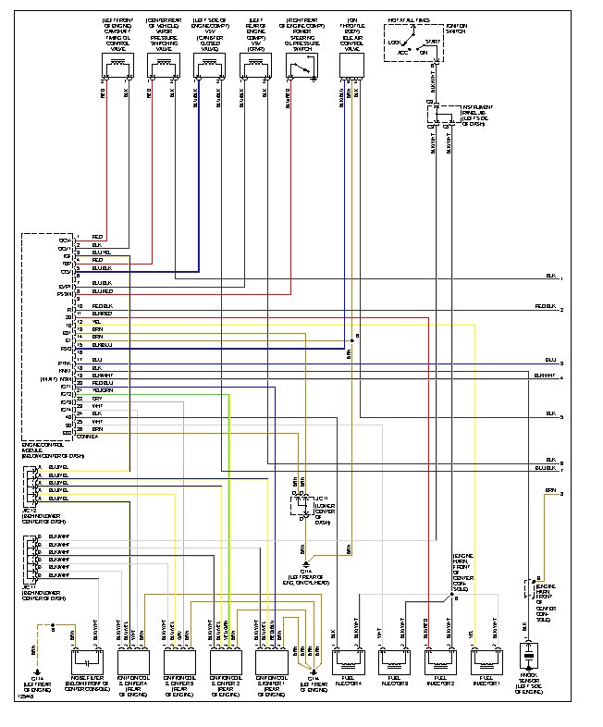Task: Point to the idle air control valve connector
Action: (x=351, y=66)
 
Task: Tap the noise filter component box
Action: (x=89, y=661)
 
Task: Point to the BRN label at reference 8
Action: (x=549, y=489)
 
